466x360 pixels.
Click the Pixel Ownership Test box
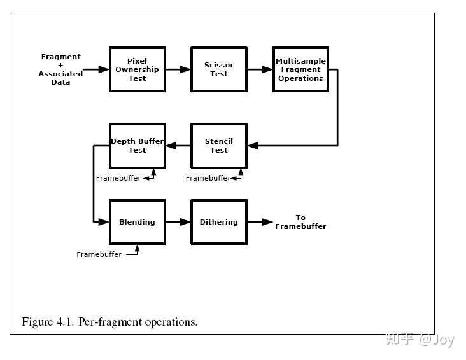click(x=137, y=69)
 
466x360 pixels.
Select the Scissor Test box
click(x=219, y=69)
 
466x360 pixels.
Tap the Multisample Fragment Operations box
click(x=300, y=69)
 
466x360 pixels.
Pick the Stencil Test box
click(x=219, y=146)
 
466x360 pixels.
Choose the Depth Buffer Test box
click(x=137, y=146)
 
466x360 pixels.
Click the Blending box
click(x=137, y=222)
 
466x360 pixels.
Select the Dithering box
click(x=219, y=222)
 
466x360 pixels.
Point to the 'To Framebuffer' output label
click(x=300, y=222)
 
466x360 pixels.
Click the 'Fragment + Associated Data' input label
click(x=60, y=69)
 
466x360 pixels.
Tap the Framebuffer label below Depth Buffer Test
click(x=118, y=178)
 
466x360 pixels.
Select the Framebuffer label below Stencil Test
click(x=208, y=178)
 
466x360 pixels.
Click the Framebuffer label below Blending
click(x=99, y=254)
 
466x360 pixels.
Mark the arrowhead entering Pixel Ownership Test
click(x=104, y=69)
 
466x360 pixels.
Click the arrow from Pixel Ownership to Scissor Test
click(x=178, y=69)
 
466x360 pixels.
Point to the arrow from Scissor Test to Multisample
click(x=260, y=69)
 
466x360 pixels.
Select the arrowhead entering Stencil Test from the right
click(x=253, y=146)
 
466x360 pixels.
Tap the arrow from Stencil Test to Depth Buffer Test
click(x=178, y=146)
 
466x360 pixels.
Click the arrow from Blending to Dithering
click(x=178, y=222)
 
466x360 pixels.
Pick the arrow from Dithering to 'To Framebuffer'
click(x=260, y=222)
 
